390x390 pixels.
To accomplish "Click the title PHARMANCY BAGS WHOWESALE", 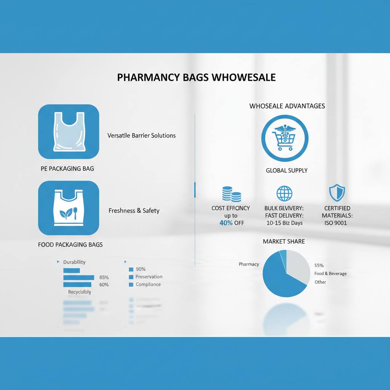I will pos(196,77).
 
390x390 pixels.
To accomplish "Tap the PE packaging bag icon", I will pos(69,131).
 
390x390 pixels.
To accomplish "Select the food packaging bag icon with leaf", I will pos(69,208).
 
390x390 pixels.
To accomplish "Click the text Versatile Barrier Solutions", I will pos(141,135).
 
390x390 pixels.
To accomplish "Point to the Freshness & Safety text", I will pos(134,211).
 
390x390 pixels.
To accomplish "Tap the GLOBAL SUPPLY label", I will pos(286,170).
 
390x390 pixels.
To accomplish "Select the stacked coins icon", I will pos(231,194).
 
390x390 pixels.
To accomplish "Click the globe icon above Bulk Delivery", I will pos(284,193).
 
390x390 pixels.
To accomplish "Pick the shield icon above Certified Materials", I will pos(336,193).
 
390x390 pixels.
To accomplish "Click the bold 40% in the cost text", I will pos(226,223).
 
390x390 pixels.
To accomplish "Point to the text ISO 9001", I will pos(336,223).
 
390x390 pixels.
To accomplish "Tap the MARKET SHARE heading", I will pos(284,241).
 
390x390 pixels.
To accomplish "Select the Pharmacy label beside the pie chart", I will pos(249,264).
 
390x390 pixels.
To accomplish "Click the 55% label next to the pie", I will pos(319,265).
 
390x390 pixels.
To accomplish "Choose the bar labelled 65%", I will pos(78,277).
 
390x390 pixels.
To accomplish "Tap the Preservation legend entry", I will pos(149,277).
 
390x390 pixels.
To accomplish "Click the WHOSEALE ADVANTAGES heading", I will pos(287,106).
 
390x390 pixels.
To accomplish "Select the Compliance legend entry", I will pos(148,285).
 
